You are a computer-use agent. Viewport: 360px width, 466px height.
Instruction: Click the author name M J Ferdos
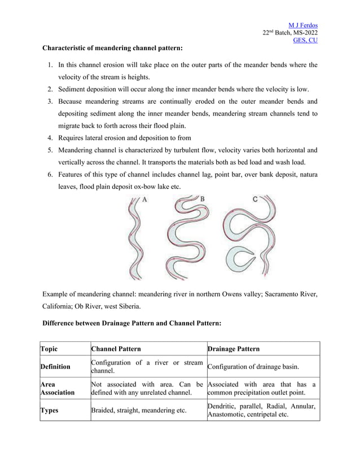303,25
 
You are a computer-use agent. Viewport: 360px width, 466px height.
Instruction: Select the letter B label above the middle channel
202,199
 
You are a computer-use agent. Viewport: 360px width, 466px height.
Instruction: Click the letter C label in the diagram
255,199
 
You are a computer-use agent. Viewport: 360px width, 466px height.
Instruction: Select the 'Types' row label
51,410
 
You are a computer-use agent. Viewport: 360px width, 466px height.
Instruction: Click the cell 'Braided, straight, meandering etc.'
139,410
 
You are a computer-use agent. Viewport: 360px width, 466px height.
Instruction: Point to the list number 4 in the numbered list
50,138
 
